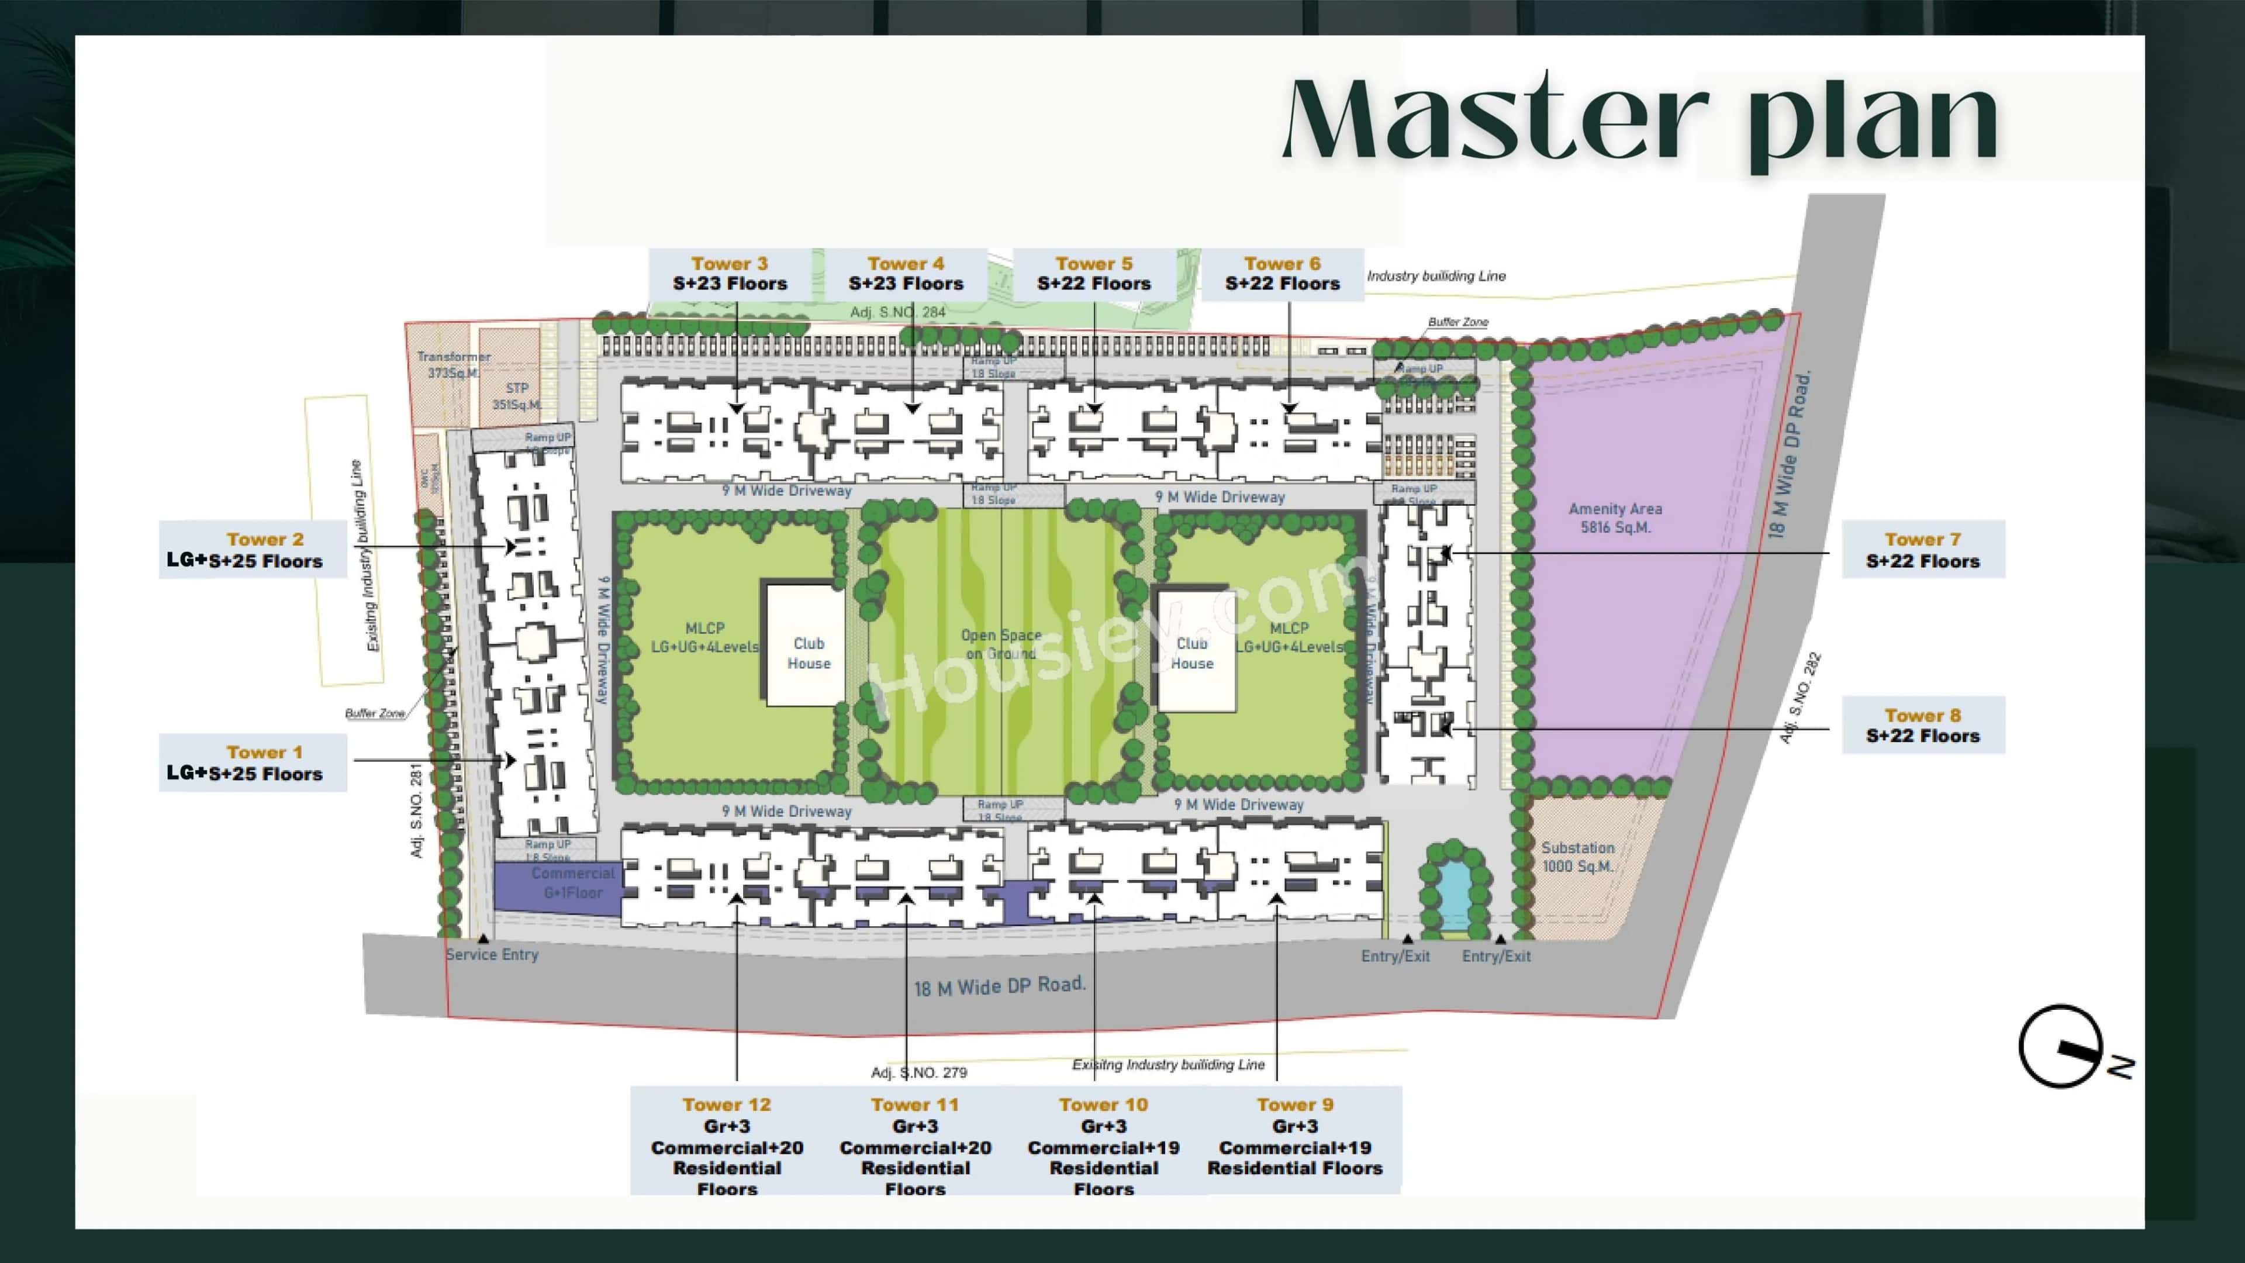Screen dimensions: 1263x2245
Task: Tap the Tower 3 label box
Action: point(730,274)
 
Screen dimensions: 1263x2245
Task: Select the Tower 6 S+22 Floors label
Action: point(1282,274)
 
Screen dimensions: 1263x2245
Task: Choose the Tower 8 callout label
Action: point(1922,725)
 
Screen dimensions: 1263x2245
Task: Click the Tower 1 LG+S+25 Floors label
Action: point(253,762)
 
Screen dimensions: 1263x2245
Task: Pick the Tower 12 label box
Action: point(727,1144)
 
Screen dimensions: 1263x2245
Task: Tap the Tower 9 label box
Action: point(1294,1136)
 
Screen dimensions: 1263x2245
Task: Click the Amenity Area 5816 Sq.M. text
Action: point(1615,517)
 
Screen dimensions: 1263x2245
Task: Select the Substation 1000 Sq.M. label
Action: point(1577,857)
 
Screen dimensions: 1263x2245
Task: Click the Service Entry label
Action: point(492,954)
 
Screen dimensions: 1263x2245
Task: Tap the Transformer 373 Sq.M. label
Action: point(453,364)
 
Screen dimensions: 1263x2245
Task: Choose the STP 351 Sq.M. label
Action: point(517,396)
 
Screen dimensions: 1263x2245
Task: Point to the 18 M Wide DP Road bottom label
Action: point(1000,986)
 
